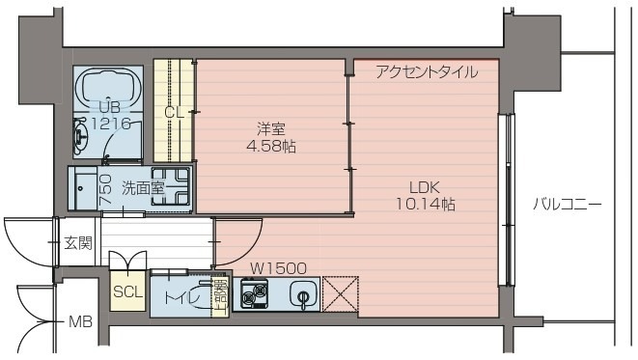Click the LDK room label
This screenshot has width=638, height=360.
(425, 186)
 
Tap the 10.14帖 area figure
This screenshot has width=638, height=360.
(425, 205)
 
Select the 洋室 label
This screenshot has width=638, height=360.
(270, 128)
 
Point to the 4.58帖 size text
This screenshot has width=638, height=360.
(270, 147)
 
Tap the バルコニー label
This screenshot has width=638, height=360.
(568, 205)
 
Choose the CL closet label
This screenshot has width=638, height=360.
(174, 112)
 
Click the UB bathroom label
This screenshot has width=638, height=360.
(107, 106)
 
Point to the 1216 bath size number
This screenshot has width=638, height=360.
(108, 123)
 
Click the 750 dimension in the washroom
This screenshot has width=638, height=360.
(105, 185)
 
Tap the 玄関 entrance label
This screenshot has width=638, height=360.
(77, 243)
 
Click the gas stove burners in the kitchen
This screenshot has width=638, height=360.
(254, 294)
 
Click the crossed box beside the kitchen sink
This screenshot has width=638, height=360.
(341, 294)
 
